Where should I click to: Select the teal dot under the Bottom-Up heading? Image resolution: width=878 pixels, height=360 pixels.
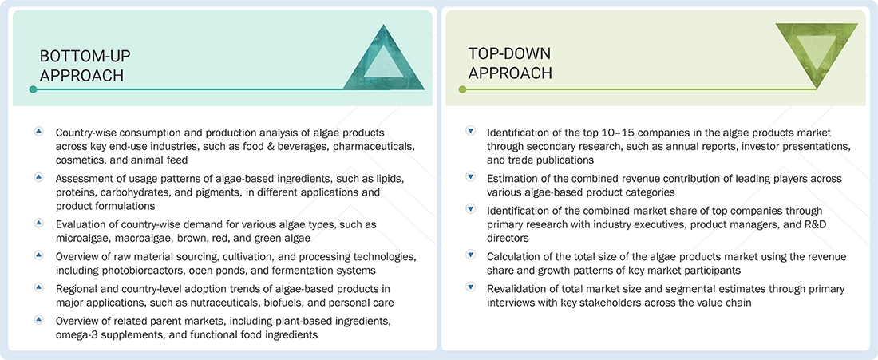(33, 89)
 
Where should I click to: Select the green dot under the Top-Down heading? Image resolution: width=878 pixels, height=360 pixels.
(462, 89)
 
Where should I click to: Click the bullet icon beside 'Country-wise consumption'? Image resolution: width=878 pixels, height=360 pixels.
(38, 131)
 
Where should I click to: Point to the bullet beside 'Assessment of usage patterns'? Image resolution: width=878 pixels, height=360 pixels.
(38, 176)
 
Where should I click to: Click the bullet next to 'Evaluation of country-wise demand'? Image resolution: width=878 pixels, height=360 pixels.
(38, 223)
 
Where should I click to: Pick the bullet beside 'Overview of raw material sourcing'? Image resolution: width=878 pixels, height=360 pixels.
(38, 255)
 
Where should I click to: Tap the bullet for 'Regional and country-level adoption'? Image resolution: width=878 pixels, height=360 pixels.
(38, 287)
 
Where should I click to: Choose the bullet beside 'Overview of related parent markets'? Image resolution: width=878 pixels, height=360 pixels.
(38, 319)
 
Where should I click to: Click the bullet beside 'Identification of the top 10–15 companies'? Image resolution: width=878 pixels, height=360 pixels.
(470, 131)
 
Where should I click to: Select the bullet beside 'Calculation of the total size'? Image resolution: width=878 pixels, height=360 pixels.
(470, 255)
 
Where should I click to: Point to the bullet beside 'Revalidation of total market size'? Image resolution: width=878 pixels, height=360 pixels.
(470, 287)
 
